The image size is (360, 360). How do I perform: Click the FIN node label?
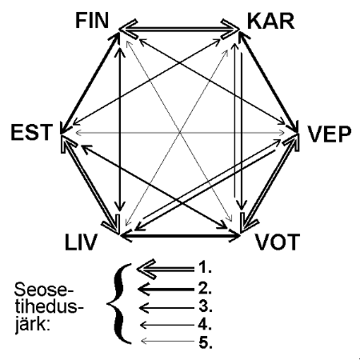tap(92, 21)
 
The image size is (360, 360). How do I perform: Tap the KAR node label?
tap(270, 22)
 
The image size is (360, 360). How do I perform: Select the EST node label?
tap(30, 132)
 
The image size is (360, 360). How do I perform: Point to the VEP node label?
tap(330, 134)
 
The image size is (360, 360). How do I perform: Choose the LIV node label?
tap(81, 242)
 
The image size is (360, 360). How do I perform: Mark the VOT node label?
tap(278, 242)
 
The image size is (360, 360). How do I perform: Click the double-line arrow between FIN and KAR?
tap(179, 29)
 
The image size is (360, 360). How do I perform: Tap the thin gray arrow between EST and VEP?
tap(180, 132)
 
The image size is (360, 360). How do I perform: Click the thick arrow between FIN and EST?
tap(90, 83)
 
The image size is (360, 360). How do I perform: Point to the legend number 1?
tap(205, 267)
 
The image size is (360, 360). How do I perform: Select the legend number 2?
tap(205, 288)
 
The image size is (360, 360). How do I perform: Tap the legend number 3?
tap(206, 306)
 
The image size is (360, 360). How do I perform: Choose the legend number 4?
tap(205, 324)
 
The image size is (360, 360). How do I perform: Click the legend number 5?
tap(206, 342)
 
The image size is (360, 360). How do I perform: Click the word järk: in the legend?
tap(33, 326)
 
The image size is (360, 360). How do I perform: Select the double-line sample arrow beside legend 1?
tap(166, 270)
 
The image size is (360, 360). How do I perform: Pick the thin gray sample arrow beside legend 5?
tap(167, 341)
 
